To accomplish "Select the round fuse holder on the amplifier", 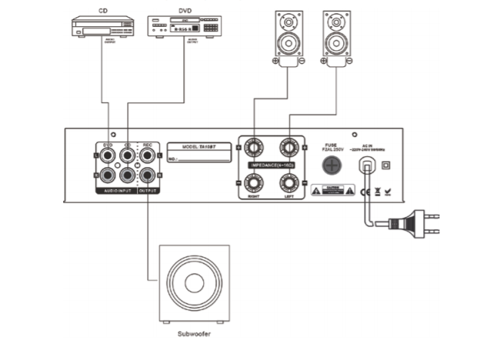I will pyautogui.click(x=332, y=165).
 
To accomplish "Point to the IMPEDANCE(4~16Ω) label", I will pyautogui.click(x=269, y=165).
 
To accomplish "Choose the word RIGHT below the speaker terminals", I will pyautogui.click(x=252, y=196).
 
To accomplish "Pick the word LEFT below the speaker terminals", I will pyautogui.click(x=289, y=196).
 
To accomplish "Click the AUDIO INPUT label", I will pyautogui.click(x=117, y=189).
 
